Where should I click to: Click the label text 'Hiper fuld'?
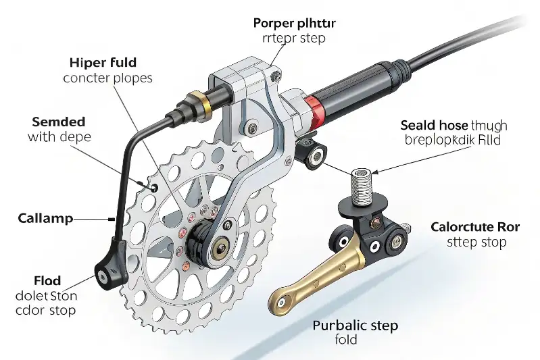click(x=103, y=63)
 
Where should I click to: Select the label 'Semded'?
click(x=59, y=122)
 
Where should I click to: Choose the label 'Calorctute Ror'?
click(x=475, y=227)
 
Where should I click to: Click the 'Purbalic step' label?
click(x=355, y=326)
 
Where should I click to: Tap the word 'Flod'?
click(x=47, y=280)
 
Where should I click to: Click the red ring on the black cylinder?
click(x=312, y=108)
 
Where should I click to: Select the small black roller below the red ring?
click(x=316, y=157)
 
